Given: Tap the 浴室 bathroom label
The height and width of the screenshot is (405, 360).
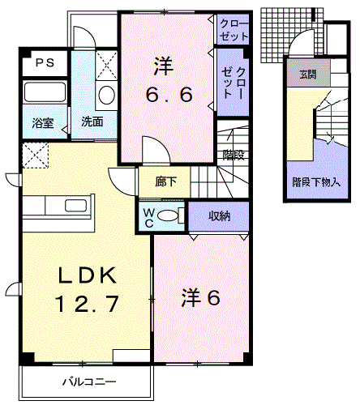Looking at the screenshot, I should pos(43,123).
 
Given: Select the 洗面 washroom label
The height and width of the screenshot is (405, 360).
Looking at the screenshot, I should pos(92,123).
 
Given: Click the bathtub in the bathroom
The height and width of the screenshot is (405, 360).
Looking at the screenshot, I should pos(43,94).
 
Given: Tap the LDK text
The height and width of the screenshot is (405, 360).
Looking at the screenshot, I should pos(87,275).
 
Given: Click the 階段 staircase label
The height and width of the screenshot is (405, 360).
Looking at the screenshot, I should pos(233,151).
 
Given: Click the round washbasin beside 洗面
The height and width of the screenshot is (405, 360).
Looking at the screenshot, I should pos(105,95).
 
